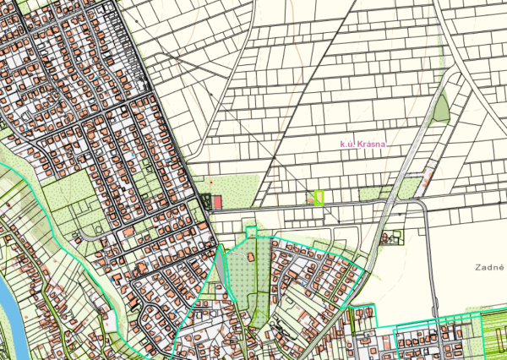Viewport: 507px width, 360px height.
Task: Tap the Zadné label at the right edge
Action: [x=489, y=265]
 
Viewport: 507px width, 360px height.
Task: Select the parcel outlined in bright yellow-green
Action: [x=319, y=198]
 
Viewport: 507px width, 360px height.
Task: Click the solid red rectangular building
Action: [x=217, y=202]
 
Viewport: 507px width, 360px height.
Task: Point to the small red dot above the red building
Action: [x=210, y=182]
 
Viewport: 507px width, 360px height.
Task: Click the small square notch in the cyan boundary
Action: [x=250, y=232]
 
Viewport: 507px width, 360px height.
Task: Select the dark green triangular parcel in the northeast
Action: [x=441, y=109]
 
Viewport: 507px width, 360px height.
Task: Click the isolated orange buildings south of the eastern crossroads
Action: [x=390, y=237]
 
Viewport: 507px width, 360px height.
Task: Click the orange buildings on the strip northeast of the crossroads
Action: [x=428, y=177]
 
